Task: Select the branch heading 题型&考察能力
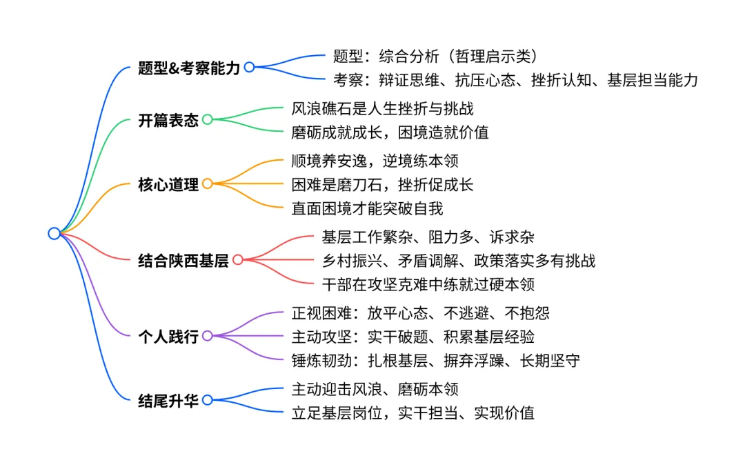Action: [189, 68]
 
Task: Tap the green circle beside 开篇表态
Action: [208, 119]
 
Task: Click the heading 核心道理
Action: [168, 184]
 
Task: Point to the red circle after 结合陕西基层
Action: [238, 259]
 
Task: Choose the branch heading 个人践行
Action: [168, 337]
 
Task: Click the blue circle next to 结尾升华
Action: [208, 400]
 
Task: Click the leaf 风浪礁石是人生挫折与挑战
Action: [382, 109]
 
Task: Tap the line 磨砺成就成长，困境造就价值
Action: [390, 132]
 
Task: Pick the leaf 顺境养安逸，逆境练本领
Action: [375, 161]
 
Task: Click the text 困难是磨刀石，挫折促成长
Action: [382, 185]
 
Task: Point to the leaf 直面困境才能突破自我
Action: [367, 208]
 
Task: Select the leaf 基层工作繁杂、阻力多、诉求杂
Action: [428, 237]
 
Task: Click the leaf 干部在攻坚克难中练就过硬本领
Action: [428, 285]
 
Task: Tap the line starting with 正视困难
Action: [421, 313]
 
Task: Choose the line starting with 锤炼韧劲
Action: [436, 361]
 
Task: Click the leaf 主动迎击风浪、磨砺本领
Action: [375, 389]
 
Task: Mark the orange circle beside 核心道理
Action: [208, 183]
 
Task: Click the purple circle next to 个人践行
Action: [208, 336]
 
